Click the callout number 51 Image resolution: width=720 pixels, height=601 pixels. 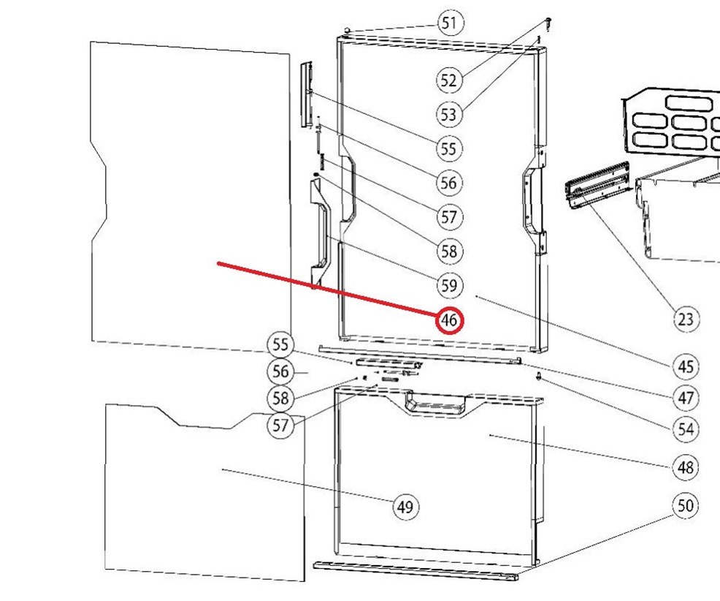click(x=450, y=23)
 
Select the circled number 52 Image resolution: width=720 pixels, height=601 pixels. click(x=448, y=80)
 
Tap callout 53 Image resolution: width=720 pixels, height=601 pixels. click(x=448, y=115)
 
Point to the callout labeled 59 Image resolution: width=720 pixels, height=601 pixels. click(x=448, y=286)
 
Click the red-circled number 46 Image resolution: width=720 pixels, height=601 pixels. click(x=450, y=320)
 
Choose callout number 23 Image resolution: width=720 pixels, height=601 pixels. click(x=686, y=319)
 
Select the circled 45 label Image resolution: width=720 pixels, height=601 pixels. click(x=686, y=366)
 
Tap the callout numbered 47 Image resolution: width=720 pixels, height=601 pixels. click(x=686, y=398)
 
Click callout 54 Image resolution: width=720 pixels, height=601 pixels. click(x=686, y=429)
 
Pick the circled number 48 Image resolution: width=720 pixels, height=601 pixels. click(x=686, y=467)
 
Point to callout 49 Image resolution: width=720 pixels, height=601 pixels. click(x=405, y=507)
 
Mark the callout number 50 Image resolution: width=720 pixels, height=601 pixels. click(x=686, y=506)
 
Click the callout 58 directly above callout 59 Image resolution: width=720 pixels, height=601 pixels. click(x=448, y=251)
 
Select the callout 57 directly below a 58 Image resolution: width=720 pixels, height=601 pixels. click(x=280, y=426)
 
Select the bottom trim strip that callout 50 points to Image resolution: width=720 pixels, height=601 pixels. click(x=415, y=570)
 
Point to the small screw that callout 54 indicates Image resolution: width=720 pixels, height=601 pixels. click(x=538, y=377)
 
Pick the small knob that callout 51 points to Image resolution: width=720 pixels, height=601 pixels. click(x=347, y=31)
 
